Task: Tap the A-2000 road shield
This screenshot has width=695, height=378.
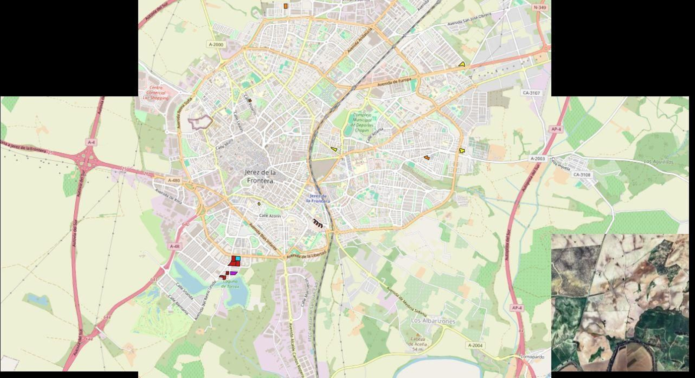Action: (x=216, y=45)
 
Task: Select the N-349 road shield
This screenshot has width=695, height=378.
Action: (x=539, y=7)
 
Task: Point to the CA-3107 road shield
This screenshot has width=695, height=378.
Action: (x=531, y=93)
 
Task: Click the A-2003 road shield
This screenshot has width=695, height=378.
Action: (x=537, y=159)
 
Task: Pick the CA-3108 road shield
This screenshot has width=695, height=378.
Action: (x=582, y=175)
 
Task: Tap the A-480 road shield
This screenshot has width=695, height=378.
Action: (x=174, y=181)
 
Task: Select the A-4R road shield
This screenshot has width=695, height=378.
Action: (x=174, y=247)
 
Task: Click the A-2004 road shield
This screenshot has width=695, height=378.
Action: (x=475, y=345)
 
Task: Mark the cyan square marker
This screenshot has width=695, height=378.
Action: (x=238, y=259)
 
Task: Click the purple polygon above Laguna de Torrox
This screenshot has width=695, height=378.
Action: (x=234, y=273)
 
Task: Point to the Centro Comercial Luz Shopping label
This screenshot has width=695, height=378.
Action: (x=156, y=93)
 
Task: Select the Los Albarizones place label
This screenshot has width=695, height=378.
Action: (x=433, y=321)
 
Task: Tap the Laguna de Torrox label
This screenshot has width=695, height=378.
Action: (x=230, y=284)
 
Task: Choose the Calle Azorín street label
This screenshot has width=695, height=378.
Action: (x=270, y=216)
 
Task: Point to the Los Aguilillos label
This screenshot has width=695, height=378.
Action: (x=659, y=162)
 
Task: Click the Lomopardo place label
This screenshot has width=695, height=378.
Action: (x=532, y=357)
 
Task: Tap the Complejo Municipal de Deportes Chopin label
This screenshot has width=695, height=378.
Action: (x=362, y=123)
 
